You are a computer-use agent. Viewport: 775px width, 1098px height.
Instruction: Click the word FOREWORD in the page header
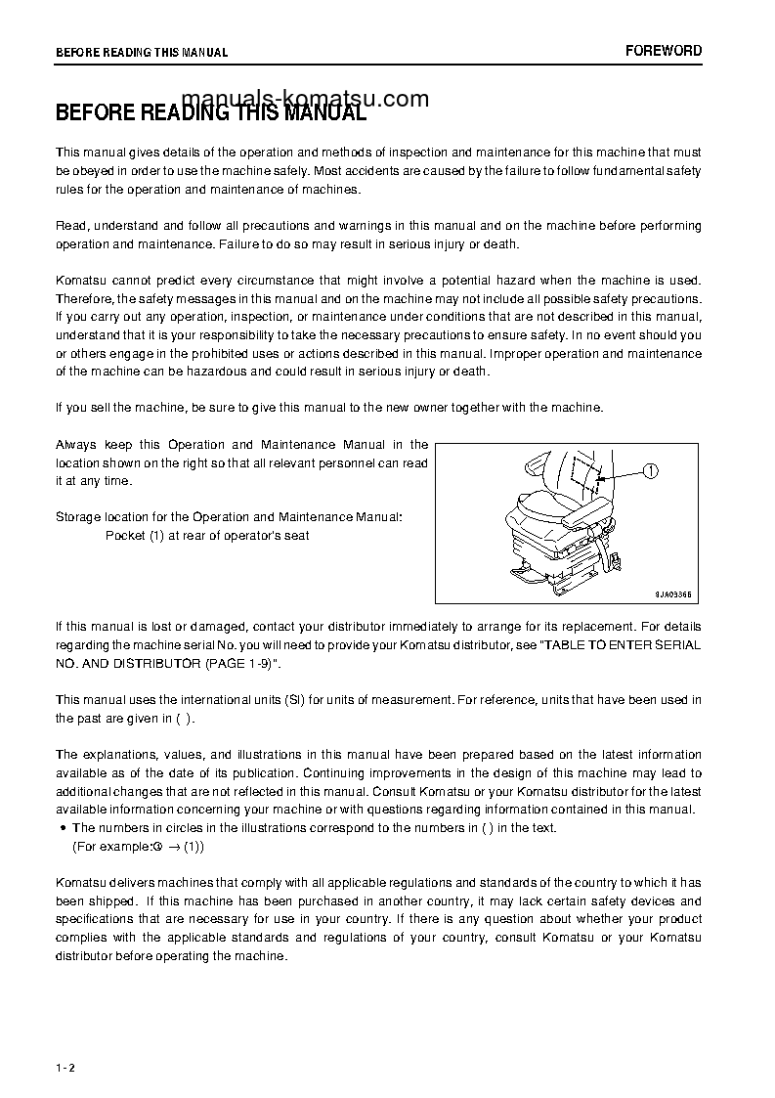[x=664, y=51]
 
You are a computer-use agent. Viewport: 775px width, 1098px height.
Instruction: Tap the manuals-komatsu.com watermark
[x=305, y=99]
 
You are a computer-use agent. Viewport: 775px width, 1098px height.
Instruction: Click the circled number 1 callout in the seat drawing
[x=652, y=470]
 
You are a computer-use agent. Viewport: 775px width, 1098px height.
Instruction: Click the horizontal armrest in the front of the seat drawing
[x=591, y=512]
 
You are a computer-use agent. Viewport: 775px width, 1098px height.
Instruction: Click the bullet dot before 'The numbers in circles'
[x=64, y=828]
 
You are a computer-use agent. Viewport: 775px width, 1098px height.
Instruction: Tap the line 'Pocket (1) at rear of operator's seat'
[x=207, y=536]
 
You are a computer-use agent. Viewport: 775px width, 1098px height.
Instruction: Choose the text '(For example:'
[x=110, y=847]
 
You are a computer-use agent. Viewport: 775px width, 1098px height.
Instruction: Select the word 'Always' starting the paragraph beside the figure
[x=76, y=445]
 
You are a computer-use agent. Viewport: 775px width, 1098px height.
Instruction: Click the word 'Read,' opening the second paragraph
[x=73, y=226]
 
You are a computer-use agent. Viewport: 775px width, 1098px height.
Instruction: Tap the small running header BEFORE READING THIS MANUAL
[x=142, y=53]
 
